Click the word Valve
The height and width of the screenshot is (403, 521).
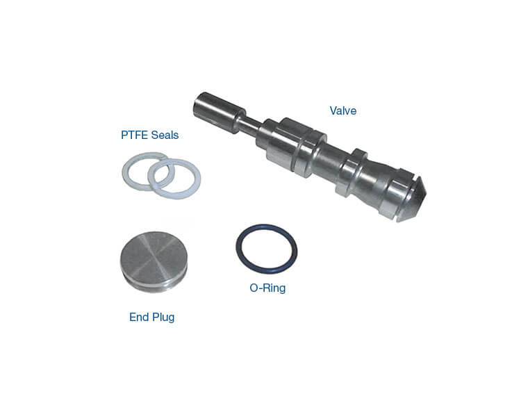343,110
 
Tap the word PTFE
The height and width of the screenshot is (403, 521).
134,135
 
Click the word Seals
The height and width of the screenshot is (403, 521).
165,135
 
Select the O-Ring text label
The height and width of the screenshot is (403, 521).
267,288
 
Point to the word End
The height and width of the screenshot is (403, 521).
138,317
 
